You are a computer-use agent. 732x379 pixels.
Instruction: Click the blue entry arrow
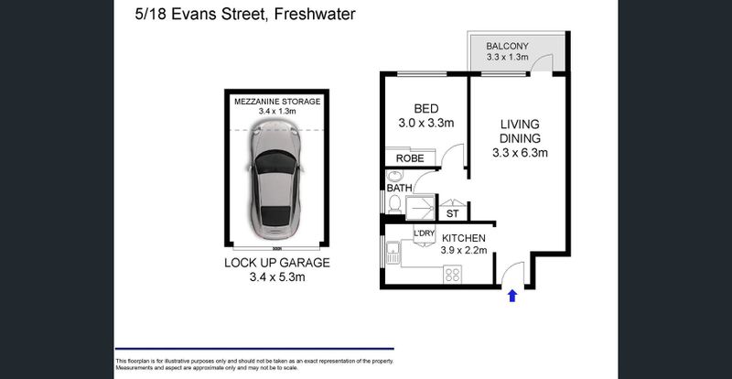pyautogui.click(x=512, y=296)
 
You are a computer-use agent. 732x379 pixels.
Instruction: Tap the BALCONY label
pyautogui.click(x=507, y=47)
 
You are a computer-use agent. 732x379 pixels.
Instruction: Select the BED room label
pyautogui.click(x=426, y=109)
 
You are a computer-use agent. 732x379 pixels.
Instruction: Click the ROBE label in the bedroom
pyautogui.click(x=410, y=158)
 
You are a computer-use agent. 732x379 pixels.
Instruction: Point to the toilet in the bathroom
pyautogui.click(x=394, y=204)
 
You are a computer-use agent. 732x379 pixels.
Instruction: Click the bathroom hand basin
pyautogui.click(x=395, y=176)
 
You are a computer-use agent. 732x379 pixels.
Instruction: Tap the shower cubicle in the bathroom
pyautogui.click(x=420, y=208)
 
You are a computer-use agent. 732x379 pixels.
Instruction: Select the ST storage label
pyautogui.click(x=452, y=214)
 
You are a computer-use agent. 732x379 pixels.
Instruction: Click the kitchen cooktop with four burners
pyautogui.click(x=452, y=274)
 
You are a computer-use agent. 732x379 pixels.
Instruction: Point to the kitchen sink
pyautogui.click(x=393, y=253)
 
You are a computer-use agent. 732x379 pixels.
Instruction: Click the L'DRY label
pyautogui.click(x=424, y=233)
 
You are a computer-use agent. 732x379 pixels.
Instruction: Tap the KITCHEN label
pyautogui.click(x=464, y=238)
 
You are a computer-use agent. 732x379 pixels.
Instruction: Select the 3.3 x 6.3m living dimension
pyautogui.click(x=520, y=153)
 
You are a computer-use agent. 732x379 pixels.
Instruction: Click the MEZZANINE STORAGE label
pyautogui.click(x=277, y=102)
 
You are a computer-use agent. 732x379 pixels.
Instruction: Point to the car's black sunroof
pyautogui.click(x=275, y=162)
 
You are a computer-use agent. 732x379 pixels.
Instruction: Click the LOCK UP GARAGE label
pyautogui.click(x=277, y=263)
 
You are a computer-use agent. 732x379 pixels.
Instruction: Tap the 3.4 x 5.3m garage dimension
pyautogui.click(x=277, y=277)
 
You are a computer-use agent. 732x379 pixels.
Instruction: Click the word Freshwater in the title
pyautogui.click(x=315, y=15)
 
